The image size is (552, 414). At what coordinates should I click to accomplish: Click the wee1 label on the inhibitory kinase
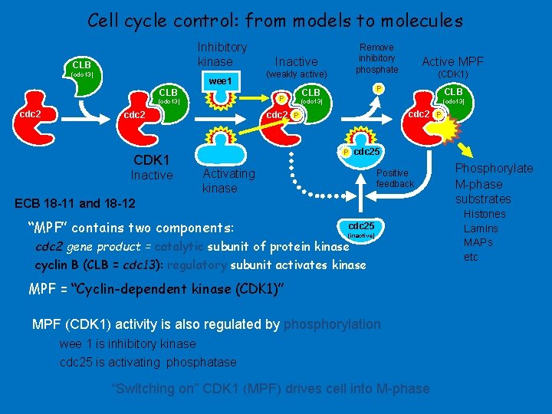(219, 80)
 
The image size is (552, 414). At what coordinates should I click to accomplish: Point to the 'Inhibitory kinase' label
(222, 54)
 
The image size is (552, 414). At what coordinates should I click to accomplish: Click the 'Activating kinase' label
(228, 181)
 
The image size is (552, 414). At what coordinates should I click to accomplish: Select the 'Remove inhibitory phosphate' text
(376, 58)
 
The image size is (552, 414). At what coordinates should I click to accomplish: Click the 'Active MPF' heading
(452, 61)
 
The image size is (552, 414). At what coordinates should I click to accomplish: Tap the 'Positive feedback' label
(395, 179)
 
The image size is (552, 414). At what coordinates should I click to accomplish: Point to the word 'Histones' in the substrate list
(485, 214)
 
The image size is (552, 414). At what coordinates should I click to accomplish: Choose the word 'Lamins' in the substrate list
(481, 228)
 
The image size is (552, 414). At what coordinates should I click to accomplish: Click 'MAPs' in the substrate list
(478, 242)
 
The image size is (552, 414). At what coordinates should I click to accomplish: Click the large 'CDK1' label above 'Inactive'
(151, 160)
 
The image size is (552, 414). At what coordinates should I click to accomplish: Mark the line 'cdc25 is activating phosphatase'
(148, 362)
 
